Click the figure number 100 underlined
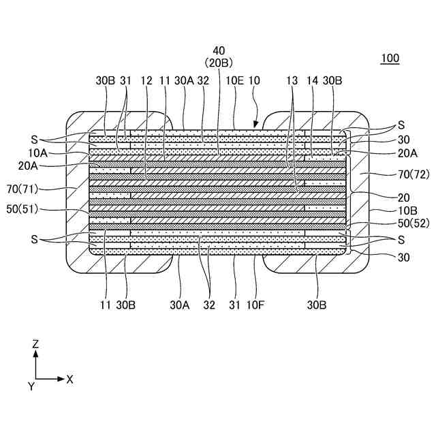click(390, 59)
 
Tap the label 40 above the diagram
click(219, 50)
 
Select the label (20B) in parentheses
click(219, 63)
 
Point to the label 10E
click(234, 80)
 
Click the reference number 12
click(146, 80)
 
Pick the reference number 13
click(292, 80)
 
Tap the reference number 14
click(313, 80)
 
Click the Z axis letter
click(35, 345)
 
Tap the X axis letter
click(69, 379)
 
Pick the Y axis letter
click(31, 386)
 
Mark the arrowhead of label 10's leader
click(255, 126)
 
